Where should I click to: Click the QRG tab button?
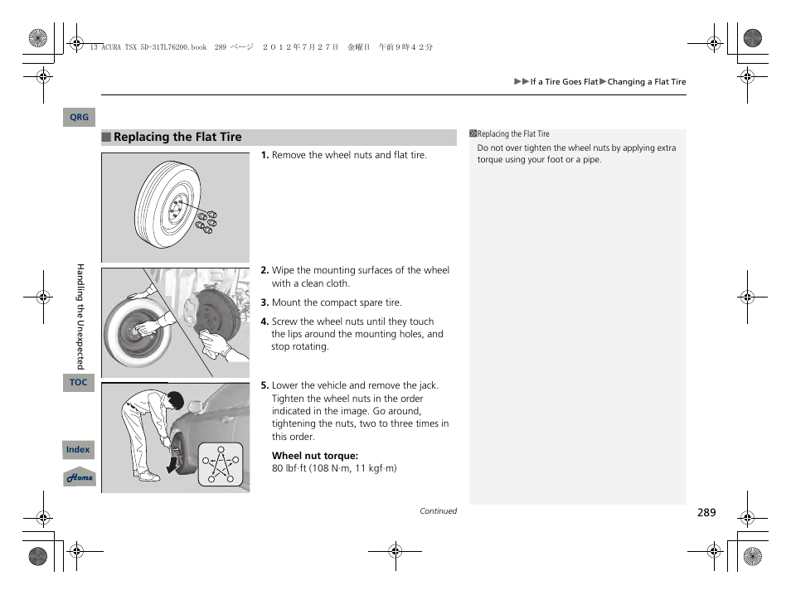(79, 118)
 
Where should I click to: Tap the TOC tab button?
(79, 383)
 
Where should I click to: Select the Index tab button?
(78, 450)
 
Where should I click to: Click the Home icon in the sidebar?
(80, 478)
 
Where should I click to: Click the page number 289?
(706, 513)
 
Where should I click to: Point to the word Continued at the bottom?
(438, 511)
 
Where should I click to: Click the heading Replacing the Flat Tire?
(177, 138)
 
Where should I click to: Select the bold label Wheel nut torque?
(315, 456)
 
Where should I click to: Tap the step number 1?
(264, 155)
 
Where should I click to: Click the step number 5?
(264, 385)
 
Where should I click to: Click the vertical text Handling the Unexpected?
(80, 316)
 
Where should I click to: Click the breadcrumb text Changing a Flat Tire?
(647, 82)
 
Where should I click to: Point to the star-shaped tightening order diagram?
(220, 463)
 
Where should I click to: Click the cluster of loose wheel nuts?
(206, 220)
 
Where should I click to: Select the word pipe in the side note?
(591, 160)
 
